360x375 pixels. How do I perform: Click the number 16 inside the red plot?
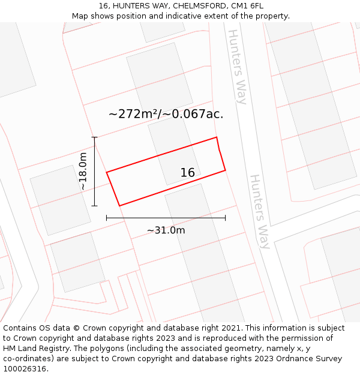click(187, 173)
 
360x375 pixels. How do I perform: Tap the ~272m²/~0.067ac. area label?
click(166, 114)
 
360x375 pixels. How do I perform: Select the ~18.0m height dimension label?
click(83, 172)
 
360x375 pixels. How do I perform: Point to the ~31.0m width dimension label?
click(166, 230)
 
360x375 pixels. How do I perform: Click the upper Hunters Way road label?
click(238, 67)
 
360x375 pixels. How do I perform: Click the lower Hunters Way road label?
click(260, 211)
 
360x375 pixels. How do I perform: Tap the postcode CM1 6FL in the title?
click(247, 6)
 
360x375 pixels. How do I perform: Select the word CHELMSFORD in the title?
click(199, 6)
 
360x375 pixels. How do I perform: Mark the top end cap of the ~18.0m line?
click(94, 137)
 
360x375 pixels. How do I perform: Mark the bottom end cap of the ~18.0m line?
click(94, 206)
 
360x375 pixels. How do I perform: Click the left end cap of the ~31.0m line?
click(106, 218)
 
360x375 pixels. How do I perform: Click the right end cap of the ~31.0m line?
click(226, 218)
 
